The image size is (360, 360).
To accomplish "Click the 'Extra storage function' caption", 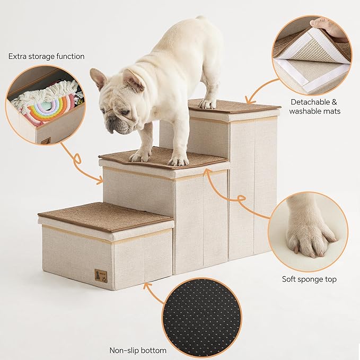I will coord(47,56).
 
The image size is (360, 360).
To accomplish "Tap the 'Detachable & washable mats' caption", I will coord(315,106).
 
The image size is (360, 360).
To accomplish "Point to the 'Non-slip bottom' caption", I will coord(138,350).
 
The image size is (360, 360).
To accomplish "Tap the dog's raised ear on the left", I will coord(98,78).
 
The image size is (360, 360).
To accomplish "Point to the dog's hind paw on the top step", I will coord(208,104).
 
